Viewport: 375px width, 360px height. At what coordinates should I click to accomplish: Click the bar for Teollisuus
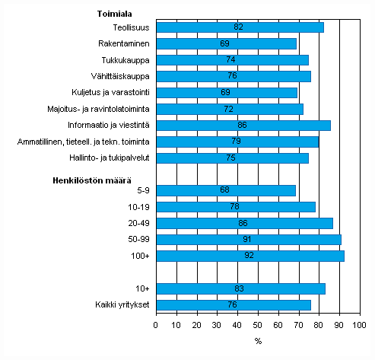pyautogui.click(x=240, y=27)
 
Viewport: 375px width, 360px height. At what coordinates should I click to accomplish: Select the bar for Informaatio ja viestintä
pyautogui.click(x=243, y=125)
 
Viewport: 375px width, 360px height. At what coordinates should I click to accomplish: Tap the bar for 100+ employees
pyautogui.click(x=249, y=256)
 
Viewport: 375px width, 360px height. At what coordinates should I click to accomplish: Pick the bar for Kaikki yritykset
pyautogui.click(x=234, y=304)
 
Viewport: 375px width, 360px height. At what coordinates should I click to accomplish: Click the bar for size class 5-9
pyautogui.click(x=226, y=190)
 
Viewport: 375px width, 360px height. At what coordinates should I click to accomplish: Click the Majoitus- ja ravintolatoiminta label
pyautogui.click(x=106, y=109)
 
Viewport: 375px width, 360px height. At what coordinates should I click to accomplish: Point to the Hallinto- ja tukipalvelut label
pyautogui.click(x=113, y=158)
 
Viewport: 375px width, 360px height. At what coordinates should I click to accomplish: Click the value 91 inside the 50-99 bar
pyautogui.click(x=249, y=240)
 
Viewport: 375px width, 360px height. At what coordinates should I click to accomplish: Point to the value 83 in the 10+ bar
pyautogui.click(x=241, y=288)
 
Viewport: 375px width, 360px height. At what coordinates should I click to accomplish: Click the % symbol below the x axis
pyautogui.click(x=258, y=340)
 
